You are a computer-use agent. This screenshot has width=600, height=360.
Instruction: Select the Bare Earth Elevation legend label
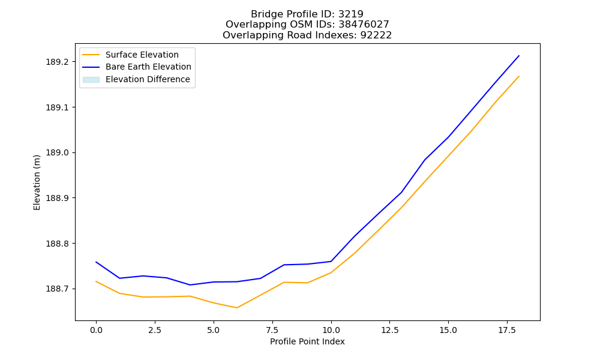point(148,67)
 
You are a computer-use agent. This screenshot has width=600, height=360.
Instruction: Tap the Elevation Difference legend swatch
point(91,80)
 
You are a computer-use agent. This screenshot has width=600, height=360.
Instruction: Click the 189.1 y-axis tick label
point(58,107)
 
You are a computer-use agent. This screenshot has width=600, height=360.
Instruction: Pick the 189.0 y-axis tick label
point(58,152)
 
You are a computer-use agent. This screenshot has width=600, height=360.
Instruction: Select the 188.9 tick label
point(58,198)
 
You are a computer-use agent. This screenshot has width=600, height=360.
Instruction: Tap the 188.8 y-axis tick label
point(58,244)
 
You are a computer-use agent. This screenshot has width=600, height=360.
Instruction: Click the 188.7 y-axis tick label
point(58,289)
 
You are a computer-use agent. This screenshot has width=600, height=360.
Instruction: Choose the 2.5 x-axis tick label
point(155,330)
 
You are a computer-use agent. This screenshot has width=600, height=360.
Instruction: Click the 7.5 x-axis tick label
point(272,330)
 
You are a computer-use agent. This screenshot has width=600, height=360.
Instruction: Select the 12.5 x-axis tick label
point(389,330)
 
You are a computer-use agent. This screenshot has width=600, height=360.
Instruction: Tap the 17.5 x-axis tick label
point(507,330)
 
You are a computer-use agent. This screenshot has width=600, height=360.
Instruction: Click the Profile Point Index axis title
point(307,341)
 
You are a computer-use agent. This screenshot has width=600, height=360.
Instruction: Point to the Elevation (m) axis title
point(37,182)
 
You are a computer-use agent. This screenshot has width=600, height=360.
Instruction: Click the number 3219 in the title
point(351,14)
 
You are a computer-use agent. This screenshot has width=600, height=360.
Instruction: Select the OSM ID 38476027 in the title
point(364,25)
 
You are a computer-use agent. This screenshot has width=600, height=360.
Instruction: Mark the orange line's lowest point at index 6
point(237,308)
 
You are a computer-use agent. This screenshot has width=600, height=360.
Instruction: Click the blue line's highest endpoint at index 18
point(519,56)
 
